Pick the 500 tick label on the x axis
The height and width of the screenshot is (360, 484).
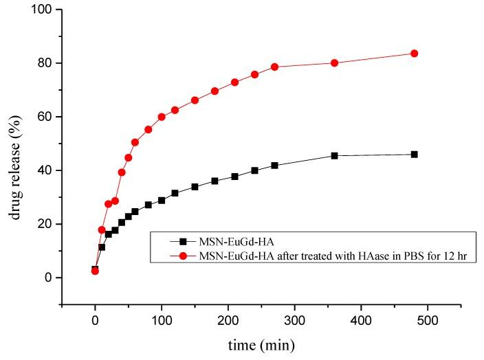click(428, 319)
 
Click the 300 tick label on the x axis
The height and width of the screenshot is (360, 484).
click(295, 319)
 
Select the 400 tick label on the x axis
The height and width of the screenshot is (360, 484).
click(362, 319)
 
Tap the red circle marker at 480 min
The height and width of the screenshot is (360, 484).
click(415, 54)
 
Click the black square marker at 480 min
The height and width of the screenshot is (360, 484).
click(415, 155)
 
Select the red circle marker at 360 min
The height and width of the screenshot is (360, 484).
click(335, 63)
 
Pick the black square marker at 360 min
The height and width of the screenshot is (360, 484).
click(335, 156)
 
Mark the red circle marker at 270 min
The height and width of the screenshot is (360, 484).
click(275, 67)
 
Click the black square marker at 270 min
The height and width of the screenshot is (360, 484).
click(275, 166)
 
